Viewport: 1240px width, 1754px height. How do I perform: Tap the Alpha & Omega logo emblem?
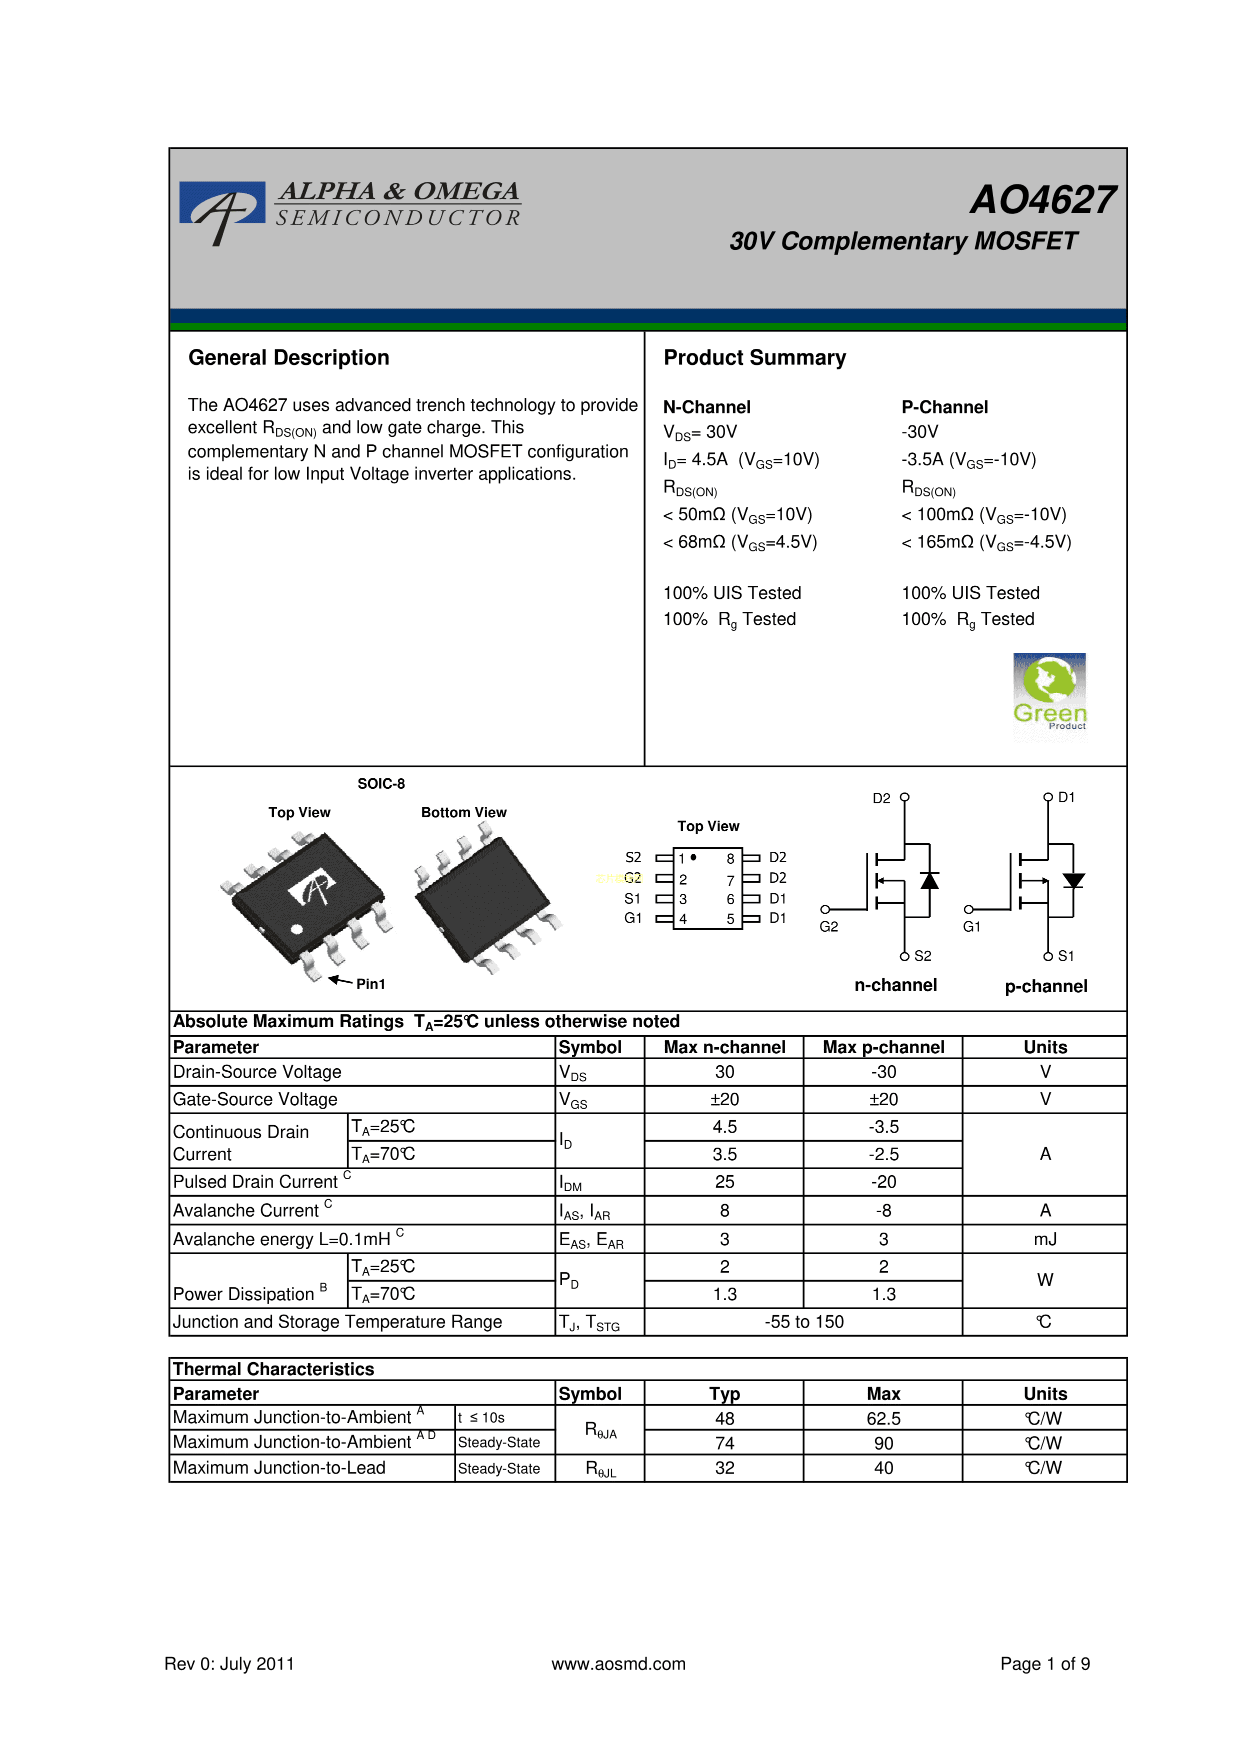[x=221, y=209]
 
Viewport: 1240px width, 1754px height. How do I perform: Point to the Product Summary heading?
[x=754, y=357]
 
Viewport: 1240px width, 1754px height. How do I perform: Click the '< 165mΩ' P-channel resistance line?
[x=985, y=542]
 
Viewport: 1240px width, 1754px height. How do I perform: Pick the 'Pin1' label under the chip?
[x=370, y=984]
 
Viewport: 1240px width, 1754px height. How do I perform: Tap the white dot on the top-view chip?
[x=297, y=929]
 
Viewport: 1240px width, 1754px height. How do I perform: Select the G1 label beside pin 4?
[x=632, y=918]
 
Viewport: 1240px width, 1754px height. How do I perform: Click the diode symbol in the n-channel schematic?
[x=929, y=881]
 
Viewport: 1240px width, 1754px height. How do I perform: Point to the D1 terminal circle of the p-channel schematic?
[x=1048, y=797]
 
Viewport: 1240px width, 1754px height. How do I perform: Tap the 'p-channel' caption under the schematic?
[x=1045, y=986]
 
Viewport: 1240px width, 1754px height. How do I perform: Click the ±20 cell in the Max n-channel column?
[x=724, y=1099]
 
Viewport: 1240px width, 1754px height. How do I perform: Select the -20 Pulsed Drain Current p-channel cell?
[x=883, y=1182]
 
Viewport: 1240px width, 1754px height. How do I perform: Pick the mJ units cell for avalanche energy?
[x=1044, y=1239]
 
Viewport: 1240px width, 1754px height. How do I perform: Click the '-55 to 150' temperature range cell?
[x=803, y=1322]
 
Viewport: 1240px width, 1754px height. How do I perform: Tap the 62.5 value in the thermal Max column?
[x=883, y=1419]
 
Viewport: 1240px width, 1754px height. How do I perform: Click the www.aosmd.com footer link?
[x=618, y=1664]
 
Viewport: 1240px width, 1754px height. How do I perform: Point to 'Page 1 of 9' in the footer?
[x=1044, y=1664]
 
